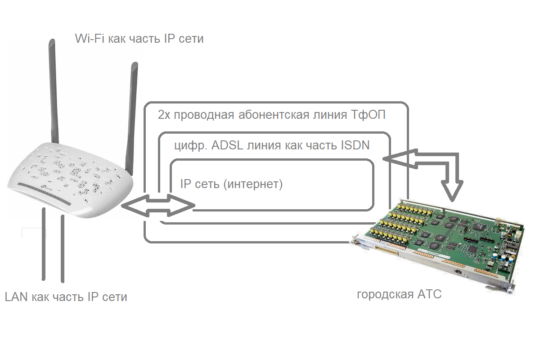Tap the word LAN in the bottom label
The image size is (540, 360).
coord(17,297)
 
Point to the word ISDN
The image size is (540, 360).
coord(355,145)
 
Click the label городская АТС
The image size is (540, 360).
coord(399,295)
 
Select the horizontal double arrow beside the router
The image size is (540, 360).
coord(157,205)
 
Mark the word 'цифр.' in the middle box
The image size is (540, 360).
coord(187,146)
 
